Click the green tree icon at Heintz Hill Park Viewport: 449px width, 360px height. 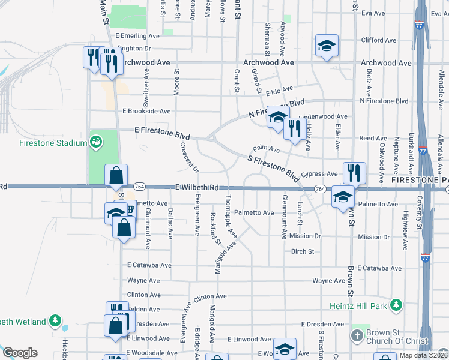[x=396, y=305]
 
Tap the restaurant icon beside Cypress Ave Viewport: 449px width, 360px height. [x=354, y=172]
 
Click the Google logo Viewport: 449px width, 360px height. [x=20, y=353]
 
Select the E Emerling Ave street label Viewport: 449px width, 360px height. [x=137, y=36]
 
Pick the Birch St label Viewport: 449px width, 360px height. [x=303, y=251]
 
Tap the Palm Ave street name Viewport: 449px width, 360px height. [x=267, y=148]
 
